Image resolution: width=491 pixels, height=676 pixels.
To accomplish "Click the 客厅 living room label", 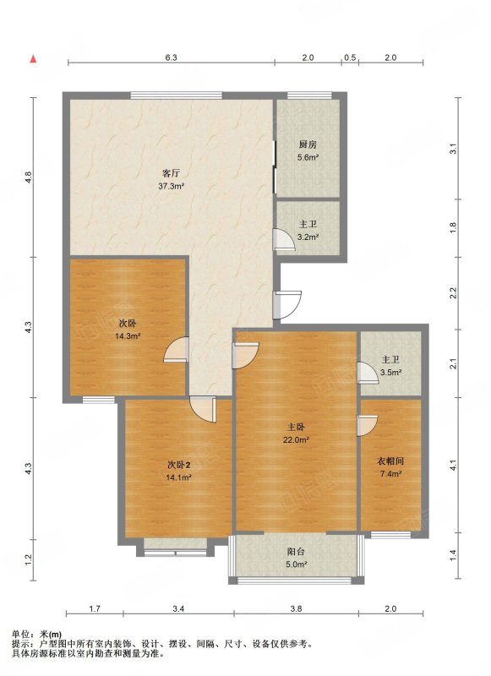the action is [x=171, y=174].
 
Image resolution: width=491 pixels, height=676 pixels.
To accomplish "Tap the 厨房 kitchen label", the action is [x=308, y=144].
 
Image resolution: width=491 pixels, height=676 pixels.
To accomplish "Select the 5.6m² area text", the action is [x=308, y=157].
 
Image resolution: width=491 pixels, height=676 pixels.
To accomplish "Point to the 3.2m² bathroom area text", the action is [x=308, y=237].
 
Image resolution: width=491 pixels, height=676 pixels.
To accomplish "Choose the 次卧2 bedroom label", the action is [x=178, y=466].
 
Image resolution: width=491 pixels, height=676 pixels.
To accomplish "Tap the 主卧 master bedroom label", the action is [x=297, y=428].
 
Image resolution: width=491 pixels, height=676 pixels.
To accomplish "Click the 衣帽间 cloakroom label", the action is [x=390, y=461].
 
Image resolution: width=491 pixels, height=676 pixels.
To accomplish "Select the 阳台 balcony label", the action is [x=296, y=552].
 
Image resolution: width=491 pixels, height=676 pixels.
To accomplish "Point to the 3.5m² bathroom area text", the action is [x=391, y=373].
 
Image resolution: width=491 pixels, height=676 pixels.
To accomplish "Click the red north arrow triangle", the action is [x=33, y=59].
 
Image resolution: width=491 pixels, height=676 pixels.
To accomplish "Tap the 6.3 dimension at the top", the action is [x=172, y=57].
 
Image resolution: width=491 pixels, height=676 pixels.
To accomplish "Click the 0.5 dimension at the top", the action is [x=350, y=57].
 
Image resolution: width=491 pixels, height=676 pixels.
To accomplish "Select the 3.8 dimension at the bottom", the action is [x=296, y=608].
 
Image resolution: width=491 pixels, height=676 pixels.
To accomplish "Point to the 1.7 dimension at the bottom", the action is [x=95, y=608].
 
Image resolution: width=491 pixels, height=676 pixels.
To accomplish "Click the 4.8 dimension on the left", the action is [x=29, y=177].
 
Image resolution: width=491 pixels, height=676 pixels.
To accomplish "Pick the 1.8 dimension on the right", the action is [x=453, y=227].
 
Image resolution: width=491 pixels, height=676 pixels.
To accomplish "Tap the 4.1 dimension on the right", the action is [x=453, y=466].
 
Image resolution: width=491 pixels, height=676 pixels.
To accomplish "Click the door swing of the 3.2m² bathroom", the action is [x=285, y=239].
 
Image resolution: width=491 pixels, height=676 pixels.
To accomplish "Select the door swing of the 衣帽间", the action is [x=368, y=426].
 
